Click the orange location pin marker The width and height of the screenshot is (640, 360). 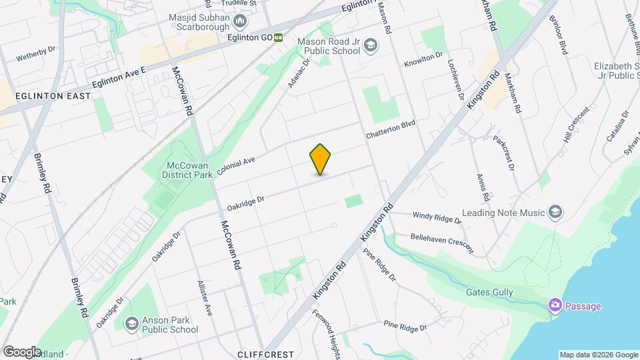coord(321,159)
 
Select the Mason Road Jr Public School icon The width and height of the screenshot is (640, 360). coord(371,46)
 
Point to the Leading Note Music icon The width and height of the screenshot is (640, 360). coord(555,213)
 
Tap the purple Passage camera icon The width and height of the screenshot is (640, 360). coord(555,305)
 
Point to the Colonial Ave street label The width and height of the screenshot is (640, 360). coord(236,167)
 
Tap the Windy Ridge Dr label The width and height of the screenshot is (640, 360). coord(437,217)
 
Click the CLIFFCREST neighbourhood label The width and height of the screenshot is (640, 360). coord(263,355)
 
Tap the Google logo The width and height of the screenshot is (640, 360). coord(22,351)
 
